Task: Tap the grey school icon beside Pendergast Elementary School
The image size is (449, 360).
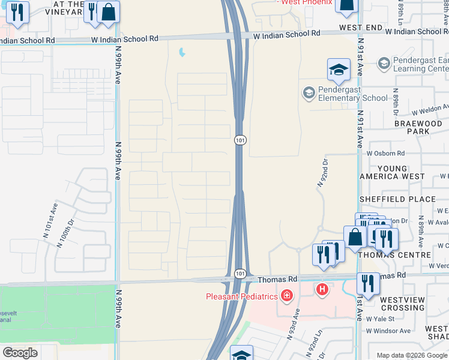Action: [x=309, y=93]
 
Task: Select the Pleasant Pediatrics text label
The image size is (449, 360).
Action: [x=242, y=296]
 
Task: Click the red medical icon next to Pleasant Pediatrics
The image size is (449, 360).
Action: [x=288, y=296]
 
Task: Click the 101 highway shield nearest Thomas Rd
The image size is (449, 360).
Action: [x=240, y=274]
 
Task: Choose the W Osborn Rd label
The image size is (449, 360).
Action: [x=385, y=154]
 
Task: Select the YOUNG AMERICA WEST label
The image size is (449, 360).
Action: [x=391, y=172]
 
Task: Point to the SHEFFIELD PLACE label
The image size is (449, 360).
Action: [x=397, y=199]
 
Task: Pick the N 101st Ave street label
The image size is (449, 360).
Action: [x=50, y=217]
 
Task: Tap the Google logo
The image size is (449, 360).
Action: [x=20, y=353]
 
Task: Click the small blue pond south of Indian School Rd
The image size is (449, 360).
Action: [x=182, y=53]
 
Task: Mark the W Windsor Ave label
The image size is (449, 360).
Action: [x=388, y=331]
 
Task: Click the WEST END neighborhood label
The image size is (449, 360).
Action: [x=360, y=28]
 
